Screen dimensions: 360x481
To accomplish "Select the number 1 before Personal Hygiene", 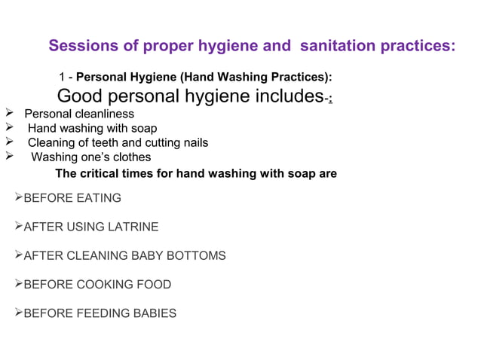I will [x=62, y=78].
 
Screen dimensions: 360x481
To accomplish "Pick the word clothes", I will [x=131, y=157].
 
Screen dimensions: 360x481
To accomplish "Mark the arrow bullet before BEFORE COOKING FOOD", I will [x=19, y=285].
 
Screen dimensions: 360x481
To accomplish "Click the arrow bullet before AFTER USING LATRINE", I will [x=19, y=227].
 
